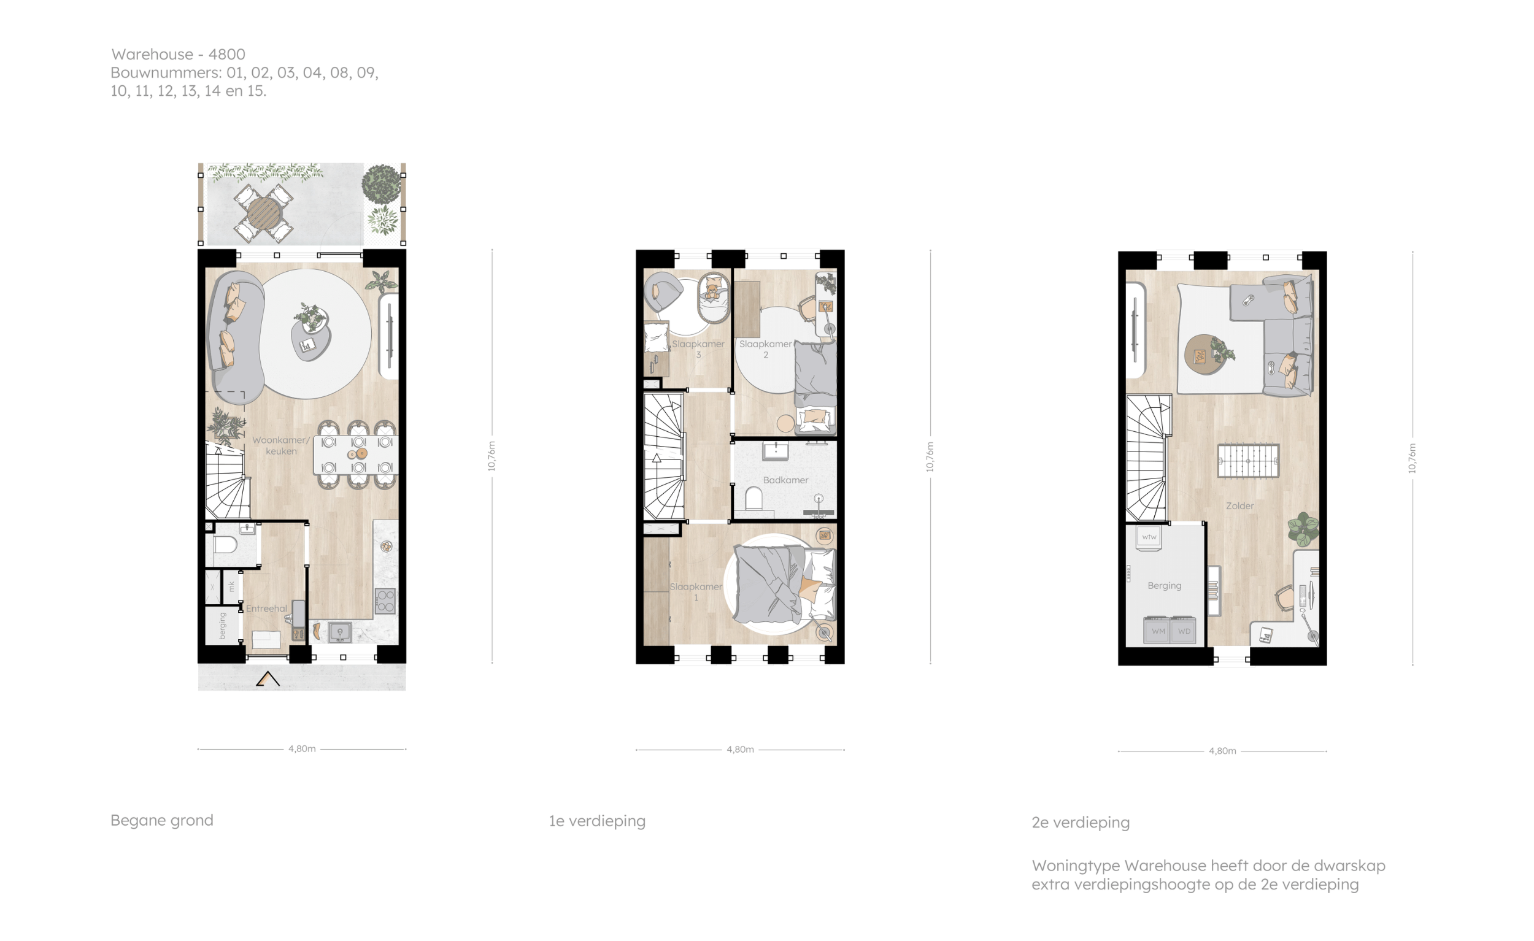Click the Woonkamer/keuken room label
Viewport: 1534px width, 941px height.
click(x=281, y=445)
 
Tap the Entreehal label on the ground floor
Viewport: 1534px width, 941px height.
click(x=266, y=609)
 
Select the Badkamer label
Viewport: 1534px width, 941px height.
click(x=785, y=480)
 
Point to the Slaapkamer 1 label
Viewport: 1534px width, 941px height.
click(x=696, y=592)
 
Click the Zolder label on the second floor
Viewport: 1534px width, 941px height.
click(x=1239, y=506)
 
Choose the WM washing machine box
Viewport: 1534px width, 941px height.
click(x=1158, y=630)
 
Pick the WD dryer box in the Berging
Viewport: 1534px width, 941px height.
click(x=1184, y=630)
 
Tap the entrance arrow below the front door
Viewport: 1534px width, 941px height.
click(x=268, y=679)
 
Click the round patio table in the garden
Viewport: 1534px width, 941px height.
click(x=264, y=213)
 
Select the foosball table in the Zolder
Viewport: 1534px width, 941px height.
click(x=1248, y=461)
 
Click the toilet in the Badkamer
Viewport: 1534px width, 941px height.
click(x=754, y=499)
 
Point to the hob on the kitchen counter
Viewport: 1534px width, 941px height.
click(x=385, y=601)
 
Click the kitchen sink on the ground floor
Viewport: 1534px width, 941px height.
click(x=340, y=633)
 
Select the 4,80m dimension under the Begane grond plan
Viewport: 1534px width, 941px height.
click(x=302, y=749)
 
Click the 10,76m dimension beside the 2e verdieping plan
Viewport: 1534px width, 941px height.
click(x=1412, y=458)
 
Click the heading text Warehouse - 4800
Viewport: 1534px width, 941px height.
click(x=178, y=54)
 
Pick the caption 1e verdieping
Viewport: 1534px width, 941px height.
click(x=597, y=821)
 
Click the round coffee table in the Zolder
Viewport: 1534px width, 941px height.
click(x=1204, y=354)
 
